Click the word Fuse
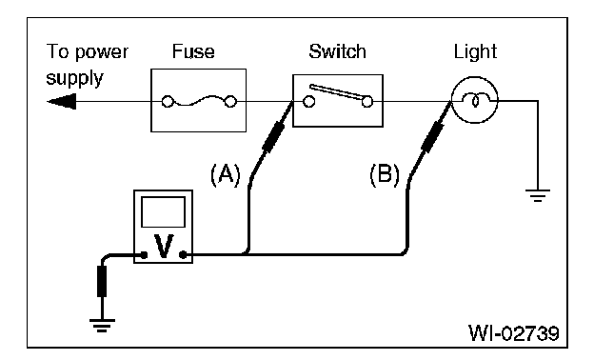193,51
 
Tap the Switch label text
338,51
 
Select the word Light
475,52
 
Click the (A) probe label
226,174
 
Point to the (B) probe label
385,174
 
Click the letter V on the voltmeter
164,247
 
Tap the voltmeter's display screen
164,211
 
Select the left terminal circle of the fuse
168,102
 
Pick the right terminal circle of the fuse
230,102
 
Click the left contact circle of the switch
308,102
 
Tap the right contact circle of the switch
367,102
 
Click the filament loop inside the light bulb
475,100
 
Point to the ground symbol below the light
538,195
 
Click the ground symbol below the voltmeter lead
102,326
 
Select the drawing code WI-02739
514,333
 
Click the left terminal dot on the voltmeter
144,255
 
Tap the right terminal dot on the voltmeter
183,255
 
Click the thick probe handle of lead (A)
273,137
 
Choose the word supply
74,79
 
